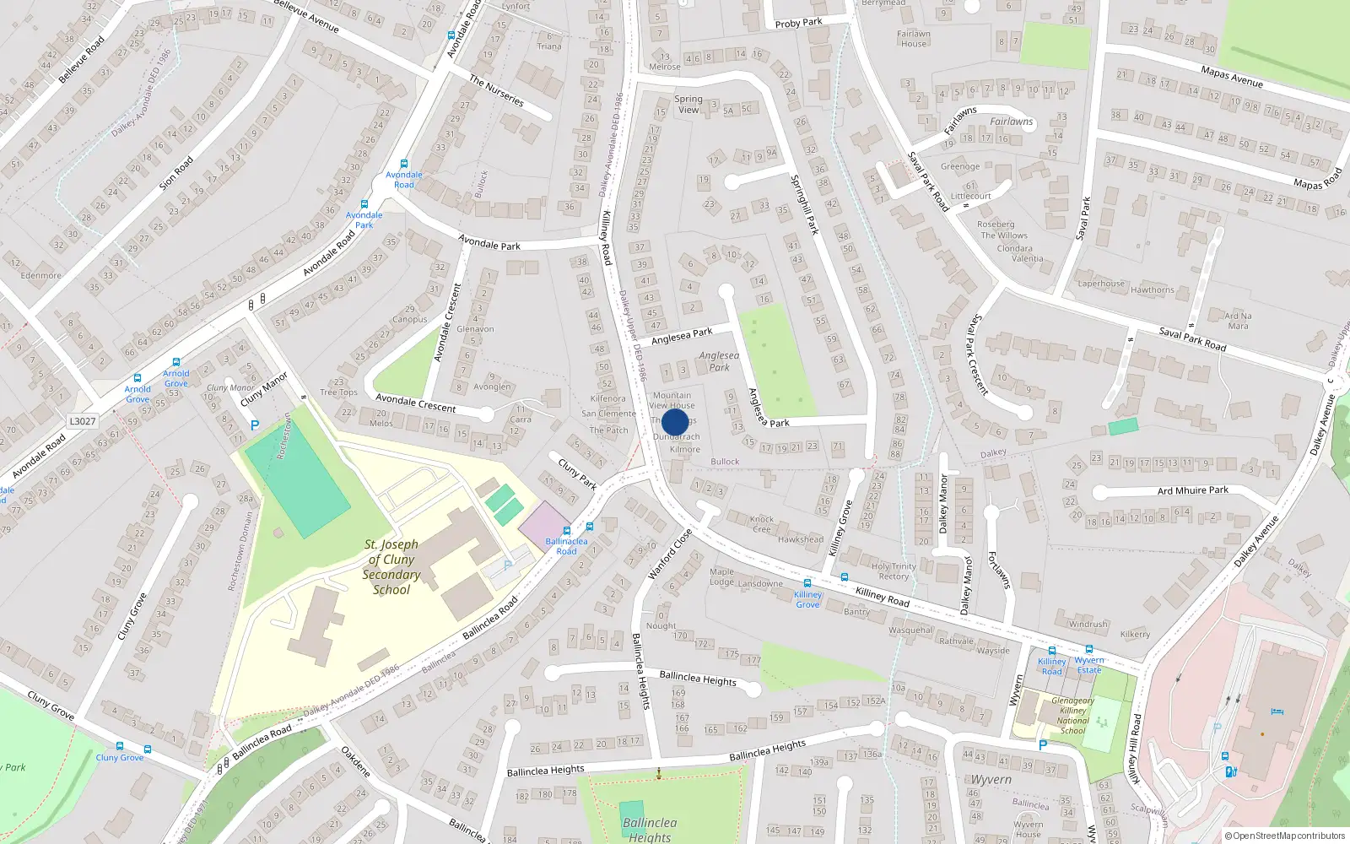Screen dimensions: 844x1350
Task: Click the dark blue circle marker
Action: [674, 422]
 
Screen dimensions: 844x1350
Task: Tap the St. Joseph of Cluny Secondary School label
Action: [391, 567]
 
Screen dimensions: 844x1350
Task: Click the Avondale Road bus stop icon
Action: [404, 164]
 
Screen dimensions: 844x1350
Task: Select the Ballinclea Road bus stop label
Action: [566, 546]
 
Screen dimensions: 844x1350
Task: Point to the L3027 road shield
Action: [83, 421]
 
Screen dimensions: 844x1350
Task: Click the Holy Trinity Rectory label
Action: [894, 571]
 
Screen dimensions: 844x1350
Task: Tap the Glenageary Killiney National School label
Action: [1072, 716]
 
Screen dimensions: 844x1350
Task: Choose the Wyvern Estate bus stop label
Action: [1089, 665]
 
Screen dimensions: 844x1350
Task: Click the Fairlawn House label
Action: [913, 39]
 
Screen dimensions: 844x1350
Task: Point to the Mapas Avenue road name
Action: [1231, 77]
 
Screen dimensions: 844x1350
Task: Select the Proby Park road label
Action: [798, 23]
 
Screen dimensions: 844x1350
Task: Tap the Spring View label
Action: [688, 104]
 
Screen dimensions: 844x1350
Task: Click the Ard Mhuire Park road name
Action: [1192, 490]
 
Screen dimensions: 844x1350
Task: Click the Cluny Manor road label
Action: [264, 389]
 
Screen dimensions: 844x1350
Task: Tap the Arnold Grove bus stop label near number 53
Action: [175, 378]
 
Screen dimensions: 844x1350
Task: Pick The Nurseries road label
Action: [496, 90]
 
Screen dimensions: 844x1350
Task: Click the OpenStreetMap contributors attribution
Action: [1288, 836]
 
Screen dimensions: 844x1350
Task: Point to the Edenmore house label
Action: [40, 275]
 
